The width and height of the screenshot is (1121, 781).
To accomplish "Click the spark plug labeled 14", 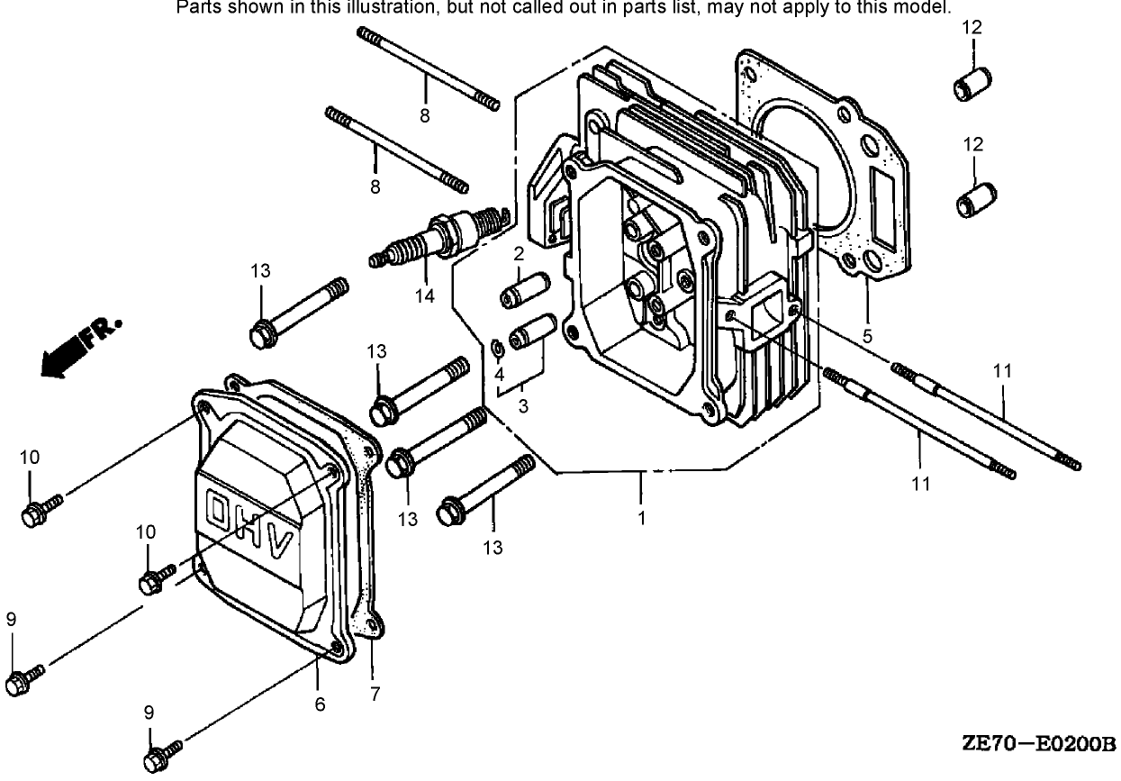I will point(439,239).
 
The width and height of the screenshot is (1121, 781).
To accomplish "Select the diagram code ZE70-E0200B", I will point(1038,744).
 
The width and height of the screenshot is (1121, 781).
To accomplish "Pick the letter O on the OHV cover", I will point(219,509).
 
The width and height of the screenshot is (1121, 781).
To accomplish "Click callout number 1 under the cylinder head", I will point(641,519).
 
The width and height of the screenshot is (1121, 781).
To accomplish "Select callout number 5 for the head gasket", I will point(867,337).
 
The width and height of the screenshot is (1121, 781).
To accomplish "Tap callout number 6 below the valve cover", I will point(320,704).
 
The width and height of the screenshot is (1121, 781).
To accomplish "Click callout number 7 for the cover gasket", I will point(375,694).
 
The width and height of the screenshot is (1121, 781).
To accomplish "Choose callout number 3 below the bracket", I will point(523,405).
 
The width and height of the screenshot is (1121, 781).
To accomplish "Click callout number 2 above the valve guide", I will point(519,254).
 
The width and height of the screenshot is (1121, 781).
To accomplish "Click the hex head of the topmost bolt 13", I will point(261,333).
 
